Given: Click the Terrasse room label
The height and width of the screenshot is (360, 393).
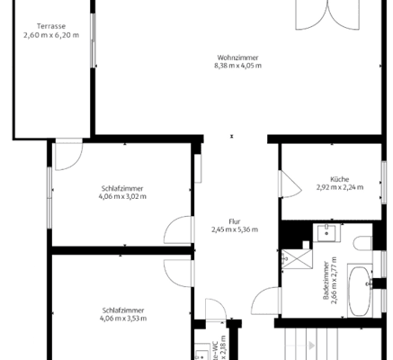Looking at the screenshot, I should [50, 26].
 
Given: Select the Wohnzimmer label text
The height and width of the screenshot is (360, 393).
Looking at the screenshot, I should [233, 57].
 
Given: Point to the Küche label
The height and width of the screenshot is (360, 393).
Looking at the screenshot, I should [338, 178].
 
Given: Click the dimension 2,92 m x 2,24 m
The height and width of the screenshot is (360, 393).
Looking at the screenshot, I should [338, 187].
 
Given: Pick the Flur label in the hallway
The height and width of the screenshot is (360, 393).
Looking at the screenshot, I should [234, 220].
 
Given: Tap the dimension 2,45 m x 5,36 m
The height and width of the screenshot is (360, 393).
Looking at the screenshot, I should [234, 229].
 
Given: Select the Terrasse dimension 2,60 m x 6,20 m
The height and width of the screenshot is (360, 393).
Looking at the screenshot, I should [50, 35].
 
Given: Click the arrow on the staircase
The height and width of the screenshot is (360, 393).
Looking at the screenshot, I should [311, 346].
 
